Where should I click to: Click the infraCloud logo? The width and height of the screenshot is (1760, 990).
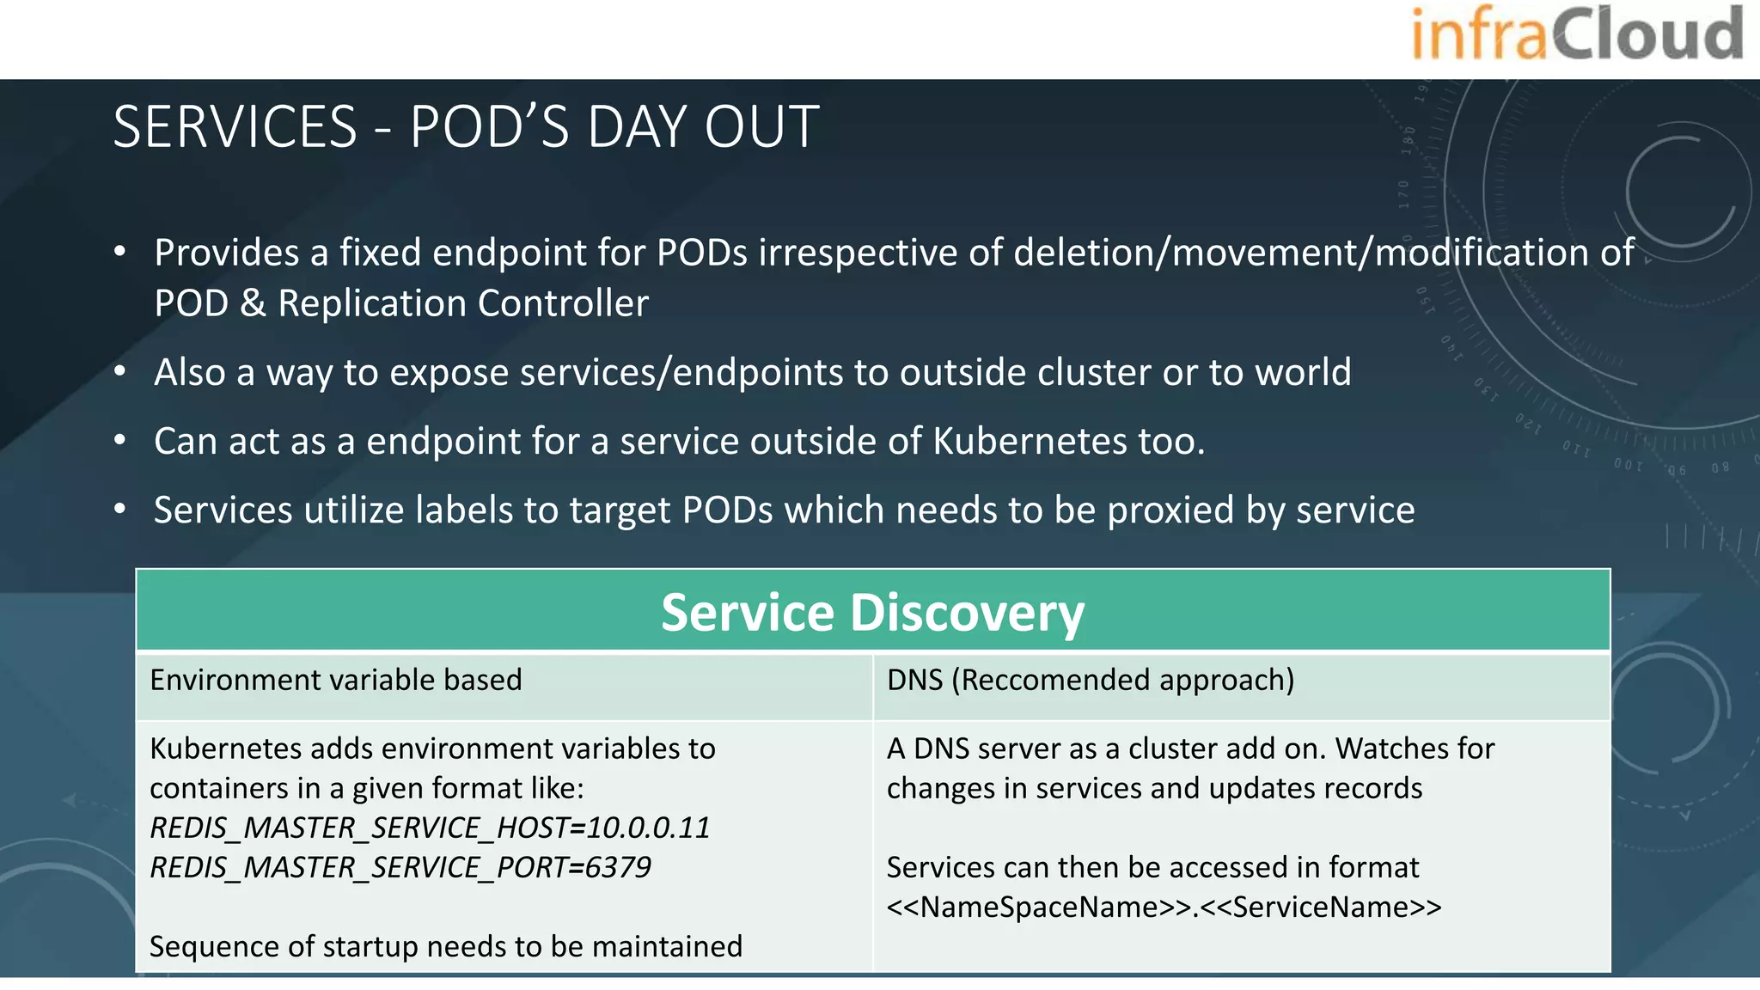tap(1577, 34)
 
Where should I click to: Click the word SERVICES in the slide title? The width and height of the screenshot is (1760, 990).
tap(235, 127)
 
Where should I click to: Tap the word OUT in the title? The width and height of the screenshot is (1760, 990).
tap(761, 127)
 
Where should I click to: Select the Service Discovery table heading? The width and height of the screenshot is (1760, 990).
tap(872, 613)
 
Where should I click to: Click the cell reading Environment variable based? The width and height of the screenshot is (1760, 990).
tap(335, 680)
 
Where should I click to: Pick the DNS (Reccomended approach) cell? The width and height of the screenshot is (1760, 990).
tap(1090, 680)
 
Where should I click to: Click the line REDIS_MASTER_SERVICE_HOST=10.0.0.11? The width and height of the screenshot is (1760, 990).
tap(430, 828)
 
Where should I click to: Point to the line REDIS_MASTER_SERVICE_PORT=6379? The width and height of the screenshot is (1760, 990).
tap(400, 867)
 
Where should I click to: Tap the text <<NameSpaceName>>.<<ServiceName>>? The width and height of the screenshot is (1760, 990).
tap(1164, 907)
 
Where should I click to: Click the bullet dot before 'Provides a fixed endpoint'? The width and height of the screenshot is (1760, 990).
tap(120, 252)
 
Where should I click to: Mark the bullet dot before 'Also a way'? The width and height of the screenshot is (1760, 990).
tap(120, 372)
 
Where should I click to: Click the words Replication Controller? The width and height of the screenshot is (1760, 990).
tap(463, 303)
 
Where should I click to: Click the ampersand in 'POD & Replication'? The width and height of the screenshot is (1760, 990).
tap(253, 303)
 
